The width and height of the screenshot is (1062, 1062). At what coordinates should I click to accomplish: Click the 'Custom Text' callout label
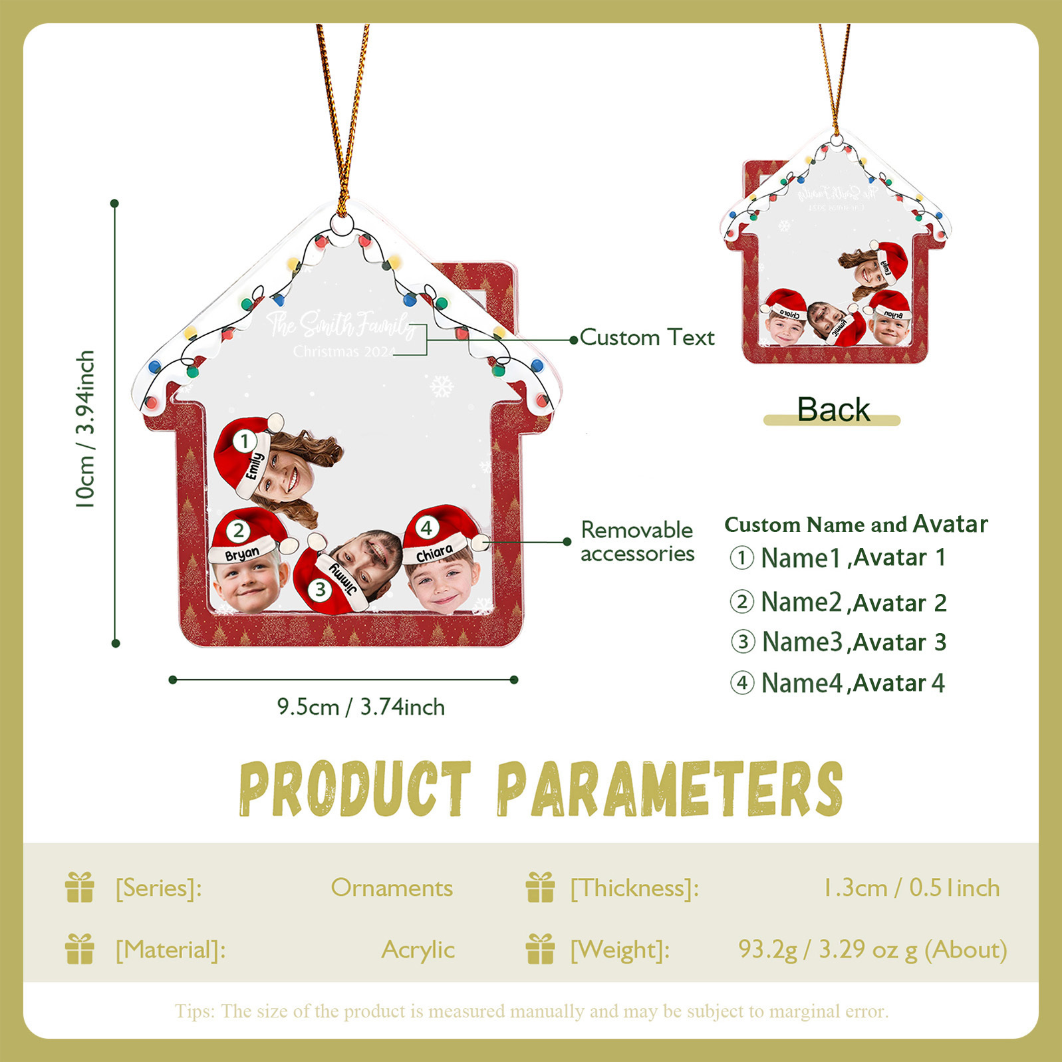(x=646, y=338)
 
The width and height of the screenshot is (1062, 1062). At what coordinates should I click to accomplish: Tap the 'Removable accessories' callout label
(x=637, y=541)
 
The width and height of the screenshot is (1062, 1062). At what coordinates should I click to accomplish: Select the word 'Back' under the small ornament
(x=833, y=409)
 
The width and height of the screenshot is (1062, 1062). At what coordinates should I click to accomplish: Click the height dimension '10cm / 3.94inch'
(x=86, y=430)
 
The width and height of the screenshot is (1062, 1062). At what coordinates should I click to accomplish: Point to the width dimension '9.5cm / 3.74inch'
(x=360, y=707)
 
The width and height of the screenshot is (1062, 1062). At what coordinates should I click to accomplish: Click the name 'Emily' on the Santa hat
(x=255, y=465)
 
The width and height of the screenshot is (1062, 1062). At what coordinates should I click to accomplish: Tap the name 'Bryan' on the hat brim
(x=242, y=553)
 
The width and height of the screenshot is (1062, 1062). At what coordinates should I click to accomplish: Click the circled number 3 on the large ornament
(x=321, y=589)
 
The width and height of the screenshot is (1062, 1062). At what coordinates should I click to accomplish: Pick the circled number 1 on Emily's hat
(x=245, y=441)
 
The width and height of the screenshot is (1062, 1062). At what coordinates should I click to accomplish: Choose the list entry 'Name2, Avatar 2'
(x=838, y=602)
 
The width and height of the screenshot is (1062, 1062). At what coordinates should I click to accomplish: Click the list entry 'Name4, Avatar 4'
(x=837, y=683)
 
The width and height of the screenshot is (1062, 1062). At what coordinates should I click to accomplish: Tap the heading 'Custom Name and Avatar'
(x=856, y=524)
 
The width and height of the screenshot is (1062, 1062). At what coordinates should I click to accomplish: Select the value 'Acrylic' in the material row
(x=418, y=950)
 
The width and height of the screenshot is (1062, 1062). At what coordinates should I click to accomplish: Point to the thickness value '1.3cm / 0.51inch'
(x=911, y=888)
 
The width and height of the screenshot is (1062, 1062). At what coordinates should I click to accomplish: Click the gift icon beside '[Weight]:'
(x=540, y=949)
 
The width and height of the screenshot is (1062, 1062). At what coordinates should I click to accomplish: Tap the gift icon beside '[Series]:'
(x=80, y=887)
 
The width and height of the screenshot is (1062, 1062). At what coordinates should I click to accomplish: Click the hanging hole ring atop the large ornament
(x=342, y=225)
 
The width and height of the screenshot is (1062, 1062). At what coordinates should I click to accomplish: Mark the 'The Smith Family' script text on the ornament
(x=340, y=324)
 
